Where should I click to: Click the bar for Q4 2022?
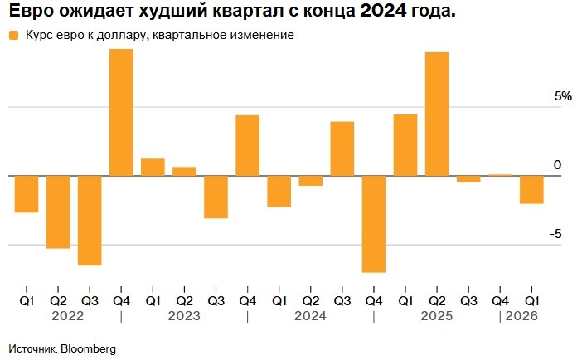(x=121, y=113)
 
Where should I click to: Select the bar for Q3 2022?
(x=90, y=220)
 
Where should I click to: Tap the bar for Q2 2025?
(x=437, y=114)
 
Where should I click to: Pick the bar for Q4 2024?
(x=374, y=223)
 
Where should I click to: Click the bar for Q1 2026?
(x=531, y=189)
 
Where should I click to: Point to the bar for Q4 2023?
(x=247, y=145)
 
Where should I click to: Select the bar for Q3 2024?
(x=342, y=148)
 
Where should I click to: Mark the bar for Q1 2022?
(x=27, y=193)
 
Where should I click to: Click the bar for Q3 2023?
(x=216, y=197)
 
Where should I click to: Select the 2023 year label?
(x=184, y=316)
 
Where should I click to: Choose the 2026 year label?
(x=521, y=316)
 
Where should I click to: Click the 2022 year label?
(x=67, y=316)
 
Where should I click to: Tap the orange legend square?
(x=12, y=36)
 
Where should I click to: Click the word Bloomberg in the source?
(x=87, y=348)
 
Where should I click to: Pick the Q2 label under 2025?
(x=437, y=300)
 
